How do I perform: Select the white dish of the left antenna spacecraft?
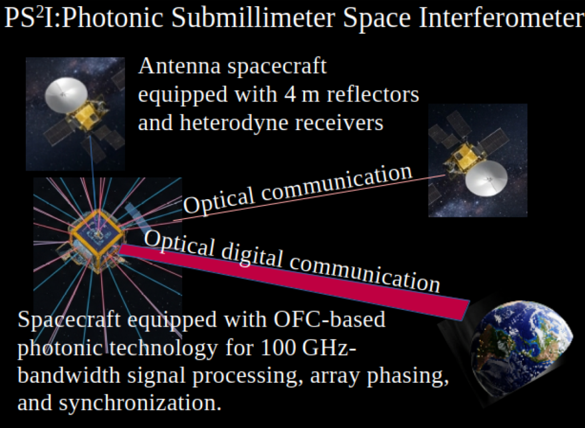[x=66, y=95]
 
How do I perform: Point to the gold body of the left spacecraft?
[x=87, y=116]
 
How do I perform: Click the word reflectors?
[x=372, y=94]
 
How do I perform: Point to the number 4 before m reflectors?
[x=290, y=95]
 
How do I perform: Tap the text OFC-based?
[x=329, y=319]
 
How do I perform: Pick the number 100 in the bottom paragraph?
[x=277, y=348]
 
